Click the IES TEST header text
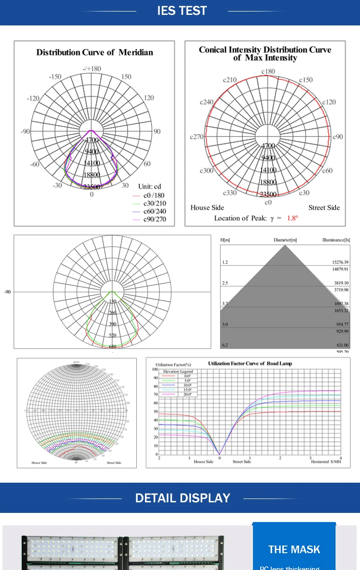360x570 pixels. [182, 11]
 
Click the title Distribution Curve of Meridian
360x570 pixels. [95, 52]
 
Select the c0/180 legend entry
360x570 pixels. [154, 196]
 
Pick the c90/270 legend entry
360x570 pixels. [155, 219]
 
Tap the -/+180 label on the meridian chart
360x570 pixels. [92, 69]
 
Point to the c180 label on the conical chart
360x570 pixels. [268, 71]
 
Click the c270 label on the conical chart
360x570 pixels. [197, 137]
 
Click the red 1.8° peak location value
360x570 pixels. [292, 218]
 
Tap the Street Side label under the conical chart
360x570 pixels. [324, 208]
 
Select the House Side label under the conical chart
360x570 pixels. [207, 208]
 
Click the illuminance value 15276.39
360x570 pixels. [340, 262]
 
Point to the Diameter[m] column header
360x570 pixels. [285, 239]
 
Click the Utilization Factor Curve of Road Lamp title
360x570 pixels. [250, 364]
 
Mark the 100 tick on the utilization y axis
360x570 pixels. [155, 369]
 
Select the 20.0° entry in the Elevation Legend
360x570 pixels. [187, 394]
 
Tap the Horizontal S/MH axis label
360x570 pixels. [326, 462]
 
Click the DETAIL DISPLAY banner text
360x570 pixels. [182, 498]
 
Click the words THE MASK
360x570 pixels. [294, 549]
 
